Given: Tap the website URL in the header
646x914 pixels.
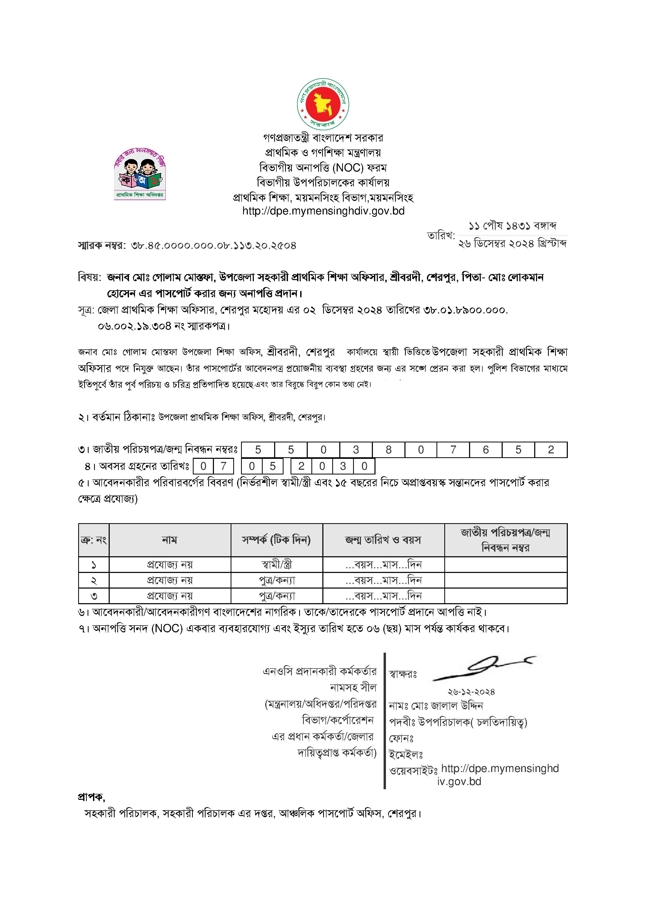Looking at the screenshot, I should point(323,211).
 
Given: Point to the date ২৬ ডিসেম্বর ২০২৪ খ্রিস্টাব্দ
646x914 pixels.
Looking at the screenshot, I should point(512,243).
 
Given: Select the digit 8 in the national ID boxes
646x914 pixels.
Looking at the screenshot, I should point(389,450).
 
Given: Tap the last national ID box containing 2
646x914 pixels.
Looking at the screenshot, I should point(551,450).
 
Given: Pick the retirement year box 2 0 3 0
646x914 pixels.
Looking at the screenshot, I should point(333,466).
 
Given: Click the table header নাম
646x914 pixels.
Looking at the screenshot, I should point(170,540).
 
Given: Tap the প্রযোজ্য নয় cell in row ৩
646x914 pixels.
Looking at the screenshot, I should point(170,596).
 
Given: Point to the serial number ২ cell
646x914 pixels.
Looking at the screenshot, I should point(94,580).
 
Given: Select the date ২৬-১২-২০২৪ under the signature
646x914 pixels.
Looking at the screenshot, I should point(471,692).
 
